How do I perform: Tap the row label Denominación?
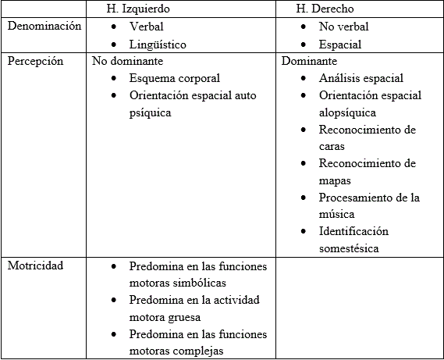pos(44,27)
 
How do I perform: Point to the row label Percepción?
pos(36,61)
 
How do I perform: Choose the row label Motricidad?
pos(36,266)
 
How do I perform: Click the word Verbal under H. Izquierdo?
pos(147,27)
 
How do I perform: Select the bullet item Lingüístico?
pos(158,44)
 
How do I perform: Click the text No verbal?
pos(343,27)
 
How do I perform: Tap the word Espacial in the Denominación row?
pos(340,44)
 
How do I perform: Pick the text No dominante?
pos(128,61)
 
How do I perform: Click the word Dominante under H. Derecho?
pos(309,61)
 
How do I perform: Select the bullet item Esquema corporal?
pos(175,78)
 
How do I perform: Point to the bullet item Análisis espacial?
pos(361,78)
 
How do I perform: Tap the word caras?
pos(332,146)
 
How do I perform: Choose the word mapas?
pos(335,180)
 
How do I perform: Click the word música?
pos(336,214)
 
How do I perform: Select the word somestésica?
pos(349,248)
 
